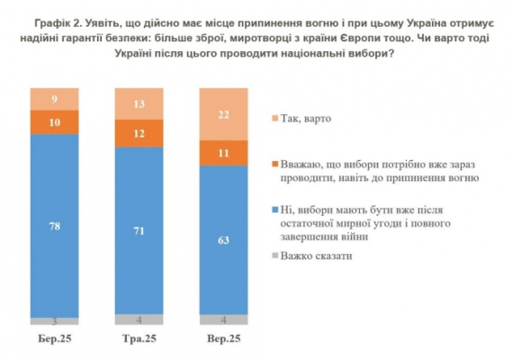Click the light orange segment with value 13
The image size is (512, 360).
click(139, 103)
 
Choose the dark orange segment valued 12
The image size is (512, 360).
click(139, 133)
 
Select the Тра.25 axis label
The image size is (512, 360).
click(139, 339)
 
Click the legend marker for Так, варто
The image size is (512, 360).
click(273, 118)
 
